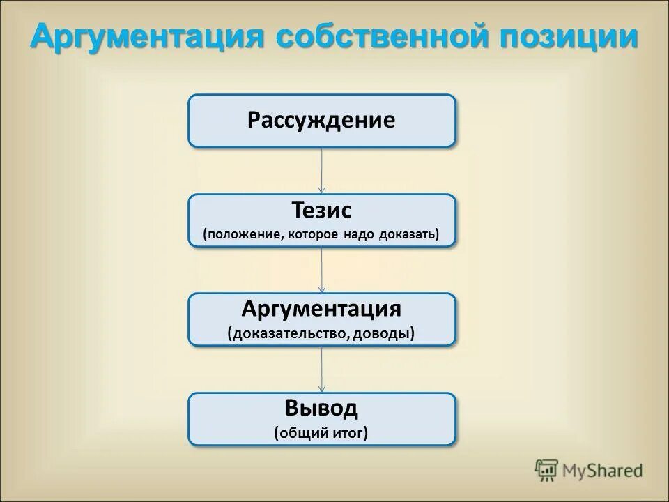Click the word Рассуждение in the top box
click(321, 120)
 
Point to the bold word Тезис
click(321, 211)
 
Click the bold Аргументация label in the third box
click(321, 309)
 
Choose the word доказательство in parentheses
click(288, 333)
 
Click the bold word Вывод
click(321, 408)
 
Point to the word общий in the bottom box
click(300, 433)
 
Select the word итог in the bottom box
click(351, 433)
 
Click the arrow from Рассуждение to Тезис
click(322, 170)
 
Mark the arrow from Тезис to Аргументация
click(322, 270)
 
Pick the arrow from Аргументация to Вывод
click(322, 370)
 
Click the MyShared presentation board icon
click(547, 469)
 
